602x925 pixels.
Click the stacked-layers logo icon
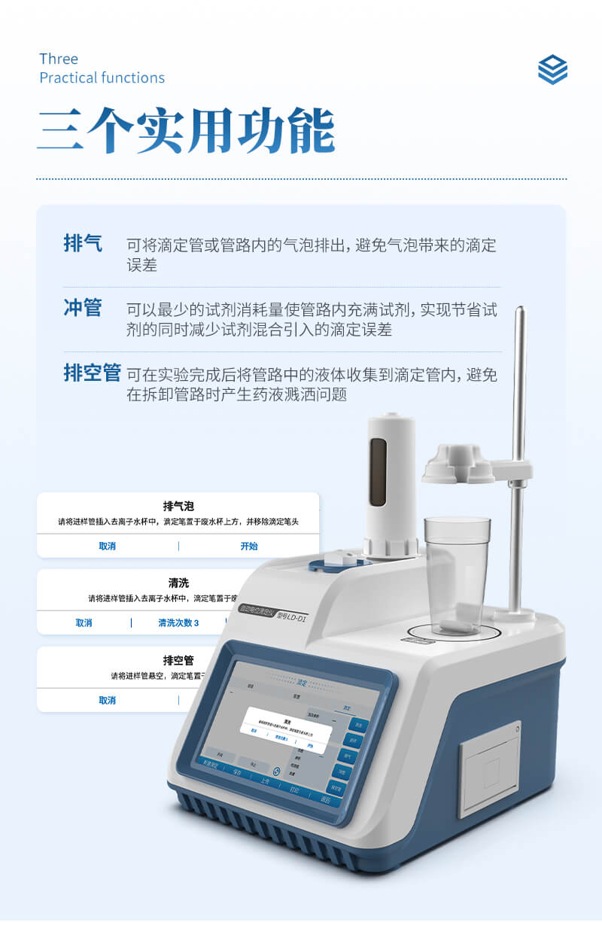552,69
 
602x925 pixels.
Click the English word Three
59,59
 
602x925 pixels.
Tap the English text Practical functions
102,78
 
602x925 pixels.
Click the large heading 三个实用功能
187,132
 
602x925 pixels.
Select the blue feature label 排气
83,244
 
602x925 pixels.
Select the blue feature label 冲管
83,308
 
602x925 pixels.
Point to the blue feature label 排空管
92,373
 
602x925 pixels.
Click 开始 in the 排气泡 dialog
248,546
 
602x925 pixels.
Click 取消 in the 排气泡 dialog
107,546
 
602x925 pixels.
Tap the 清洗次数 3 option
178,622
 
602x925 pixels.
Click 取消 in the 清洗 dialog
84,622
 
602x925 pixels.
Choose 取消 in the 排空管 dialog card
107,700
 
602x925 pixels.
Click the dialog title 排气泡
178,506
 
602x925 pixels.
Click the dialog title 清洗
178,583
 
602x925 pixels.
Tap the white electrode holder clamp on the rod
459,464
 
